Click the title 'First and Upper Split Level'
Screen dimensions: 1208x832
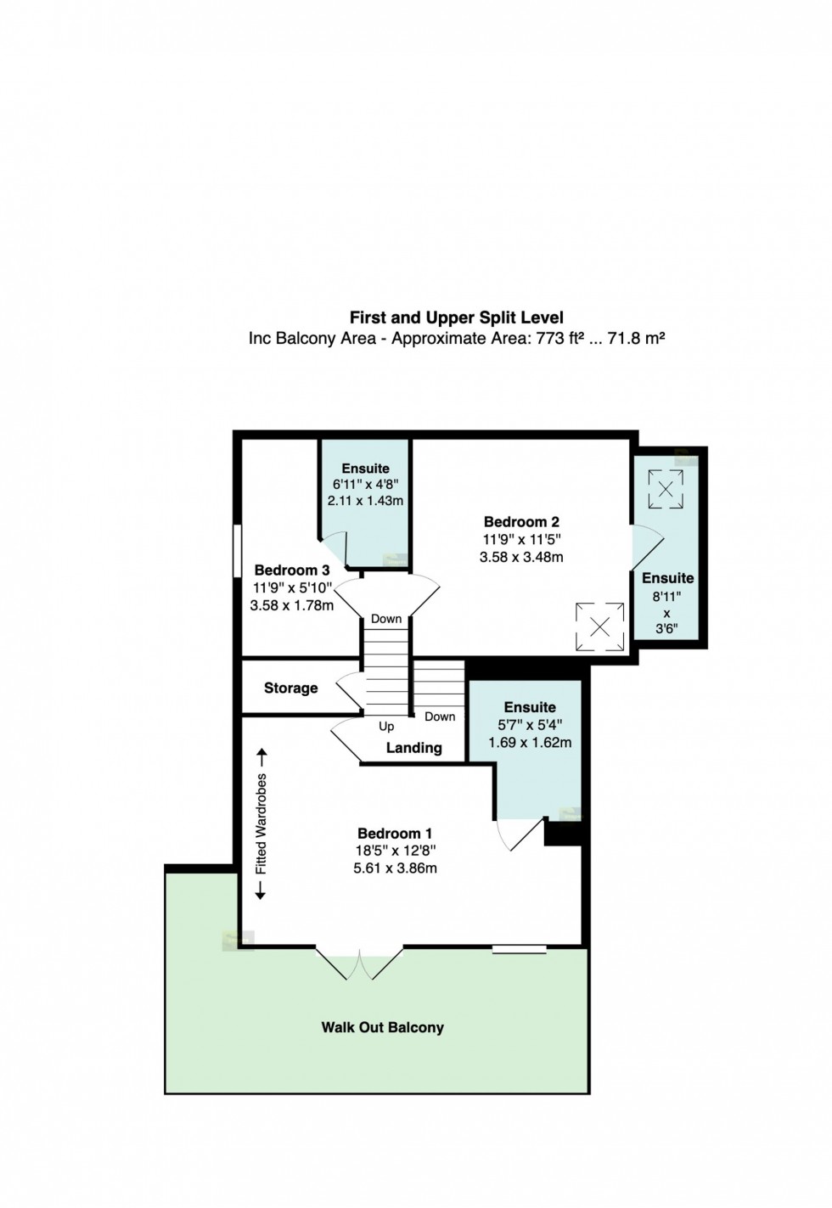(x=456, y=317)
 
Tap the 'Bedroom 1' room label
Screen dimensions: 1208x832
(x=395, y=834)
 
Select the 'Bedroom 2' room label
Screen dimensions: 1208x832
(x=521, y=522)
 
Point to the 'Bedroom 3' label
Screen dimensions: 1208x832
(x=292, y=570)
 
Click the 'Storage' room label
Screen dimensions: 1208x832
(x=290, y=688)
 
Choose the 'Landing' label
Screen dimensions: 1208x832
(x=413, y=748)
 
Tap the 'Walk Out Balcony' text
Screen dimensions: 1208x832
(x=382, y=1027)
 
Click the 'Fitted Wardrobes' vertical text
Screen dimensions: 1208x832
(x=261, y=823)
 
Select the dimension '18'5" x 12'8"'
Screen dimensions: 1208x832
(x=395, y=851)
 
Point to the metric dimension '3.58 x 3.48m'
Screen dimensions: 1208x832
(x=521, y=557)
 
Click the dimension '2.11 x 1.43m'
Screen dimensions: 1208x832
(x=365, y=501)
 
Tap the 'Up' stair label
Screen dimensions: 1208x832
(x=386, y=727)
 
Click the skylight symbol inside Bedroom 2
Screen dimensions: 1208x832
(x=599, y=627)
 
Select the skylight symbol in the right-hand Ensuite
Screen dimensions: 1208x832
(x=666, y=489)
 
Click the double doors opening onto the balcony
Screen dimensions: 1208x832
(x=360, y=963)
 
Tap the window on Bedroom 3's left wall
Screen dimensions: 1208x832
(x=238, y=553)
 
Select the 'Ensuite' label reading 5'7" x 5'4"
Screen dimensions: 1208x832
(x=529, y=707)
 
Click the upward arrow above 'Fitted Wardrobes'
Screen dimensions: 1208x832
(x=261, y=756)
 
